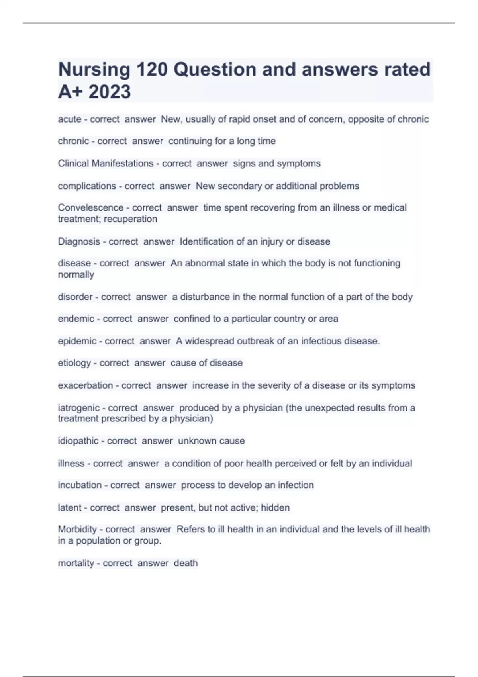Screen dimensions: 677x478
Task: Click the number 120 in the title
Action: [x=152, y=70]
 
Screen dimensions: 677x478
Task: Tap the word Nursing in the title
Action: [x=94, y=70]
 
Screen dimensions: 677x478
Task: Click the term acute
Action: [x=70, y=119]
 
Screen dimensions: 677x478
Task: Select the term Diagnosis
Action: [x=79, y=242]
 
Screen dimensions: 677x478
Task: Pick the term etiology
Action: [x=74, y=363]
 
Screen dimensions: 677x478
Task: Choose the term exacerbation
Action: [x=85, y=385]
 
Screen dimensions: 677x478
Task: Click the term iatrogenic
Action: [x=79, y=408]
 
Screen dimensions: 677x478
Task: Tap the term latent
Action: [x=70, y=508]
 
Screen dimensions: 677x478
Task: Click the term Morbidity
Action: [x=77, y=530]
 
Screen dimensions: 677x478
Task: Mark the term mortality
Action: [x=76, y=563]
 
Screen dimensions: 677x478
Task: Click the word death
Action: [x=186, y=563]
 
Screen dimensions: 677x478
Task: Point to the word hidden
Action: [x=275, y=508]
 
